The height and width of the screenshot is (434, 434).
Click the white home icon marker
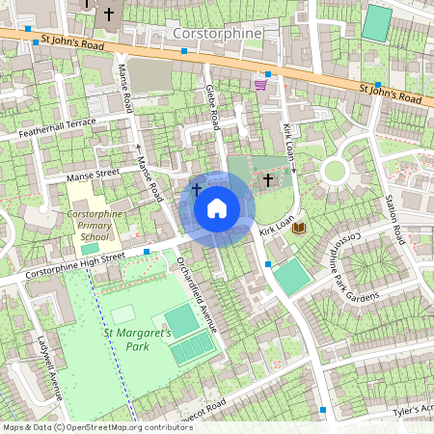pyautogui.click(x=217, y=208)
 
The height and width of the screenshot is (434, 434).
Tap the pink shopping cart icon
pyautogui.click(x=259, y=85)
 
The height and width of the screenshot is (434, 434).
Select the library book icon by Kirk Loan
pyautogui.click(x=299, y=228)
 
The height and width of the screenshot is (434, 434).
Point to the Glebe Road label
pyautogui.click(x=213, y=105)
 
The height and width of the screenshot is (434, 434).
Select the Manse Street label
pyautogui.click(x=92, y=176)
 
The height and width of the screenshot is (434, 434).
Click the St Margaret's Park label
pyautogui.click(x=138, y=339)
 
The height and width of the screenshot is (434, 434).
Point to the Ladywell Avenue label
pyautogui.click(x=50, y=370)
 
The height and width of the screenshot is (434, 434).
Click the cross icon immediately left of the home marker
pyautogui.click(x=197, y=189)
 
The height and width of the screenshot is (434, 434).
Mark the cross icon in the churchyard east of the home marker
pyautogui.click(x=267, y=179)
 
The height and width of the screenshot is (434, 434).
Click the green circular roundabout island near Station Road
pyautogui.click(x=334, y=172)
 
